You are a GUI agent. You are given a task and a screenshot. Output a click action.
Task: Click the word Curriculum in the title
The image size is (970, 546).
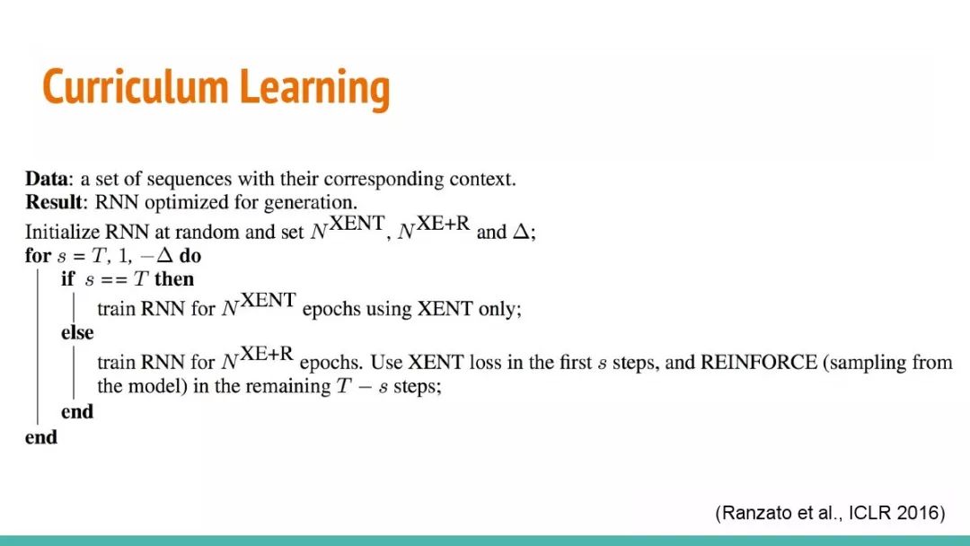136,86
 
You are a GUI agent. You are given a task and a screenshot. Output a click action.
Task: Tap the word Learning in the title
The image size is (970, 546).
315,89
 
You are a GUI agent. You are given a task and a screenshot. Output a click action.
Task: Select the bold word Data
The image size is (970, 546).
47,179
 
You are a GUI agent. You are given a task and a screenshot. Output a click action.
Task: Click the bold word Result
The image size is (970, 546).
54,202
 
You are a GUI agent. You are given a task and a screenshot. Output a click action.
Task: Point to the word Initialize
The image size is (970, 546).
62,232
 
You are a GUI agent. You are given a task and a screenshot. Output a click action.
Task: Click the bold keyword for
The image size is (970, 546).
38,255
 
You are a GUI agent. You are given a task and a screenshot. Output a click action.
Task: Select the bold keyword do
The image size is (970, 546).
190,255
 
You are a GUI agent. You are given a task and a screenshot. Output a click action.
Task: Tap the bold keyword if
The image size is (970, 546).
67,279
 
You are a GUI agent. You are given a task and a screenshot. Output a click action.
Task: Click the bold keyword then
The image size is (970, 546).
174,279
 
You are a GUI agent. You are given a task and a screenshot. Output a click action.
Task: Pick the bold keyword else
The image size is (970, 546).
77,332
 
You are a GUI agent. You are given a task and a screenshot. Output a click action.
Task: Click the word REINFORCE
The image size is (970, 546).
758,362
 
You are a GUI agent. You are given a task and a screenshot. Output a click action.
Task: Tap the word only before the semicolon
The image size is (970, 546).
500,309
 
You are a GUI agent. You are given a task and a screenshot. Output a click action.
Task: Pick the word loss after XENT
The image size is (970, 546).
486,362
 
